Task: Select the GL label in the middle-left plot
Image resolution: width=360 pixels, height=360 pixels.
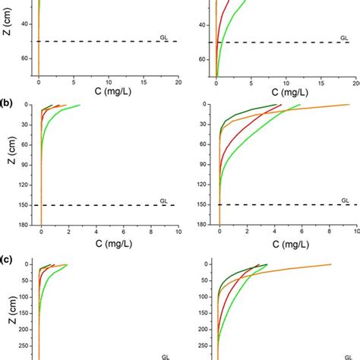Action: (163, 201)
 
